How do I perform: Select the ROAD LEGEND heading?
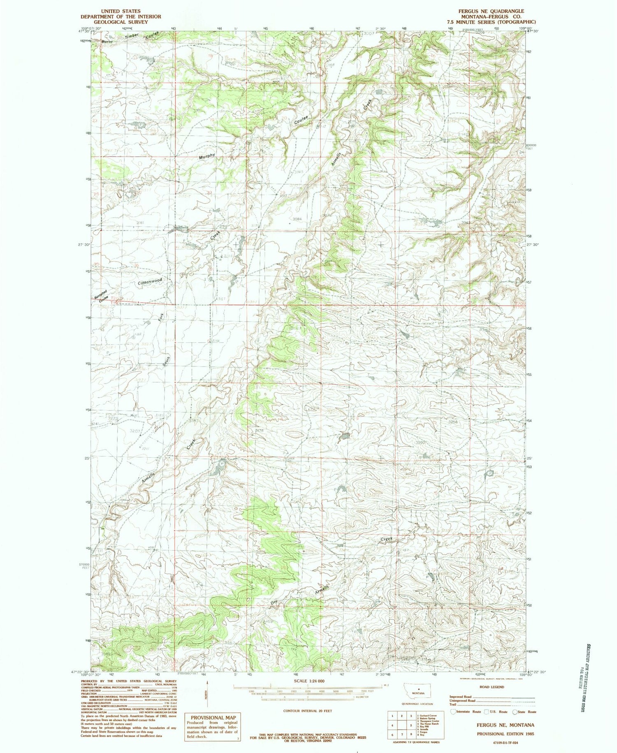[x=492, y=687]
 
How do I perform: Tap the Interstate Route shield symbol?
[x=453, y=711]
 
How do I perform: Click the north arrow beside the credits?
[x=208, y=694]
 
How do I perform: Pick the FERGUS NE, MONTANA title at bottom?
[x=506, y=725]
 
